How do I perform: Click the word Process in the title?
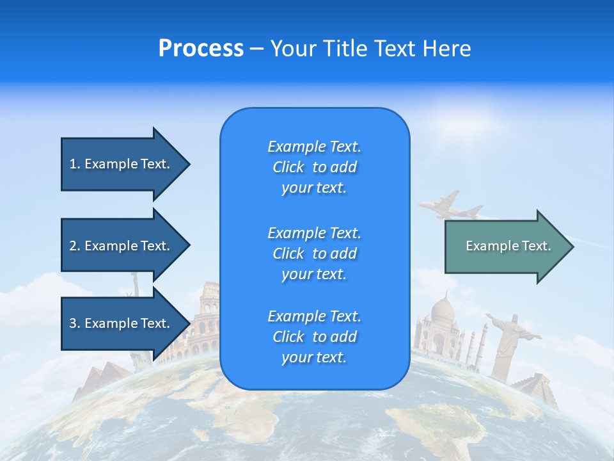(201, 49)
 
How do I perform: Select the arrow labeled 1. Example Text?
(122, 164)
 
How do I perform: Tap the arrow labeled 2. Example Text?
(122, 246)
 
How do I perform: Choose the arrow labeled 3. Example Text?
(122, 323)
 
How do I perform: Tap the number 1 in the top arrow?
(73, 164)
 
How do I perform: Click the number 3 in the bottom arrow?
(73, 323)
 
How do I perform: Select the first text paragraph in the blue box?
(315, 167)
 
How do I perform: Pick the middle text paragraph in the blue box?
(315, 254)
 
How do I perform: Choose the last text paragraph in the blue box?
(315, 337)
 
